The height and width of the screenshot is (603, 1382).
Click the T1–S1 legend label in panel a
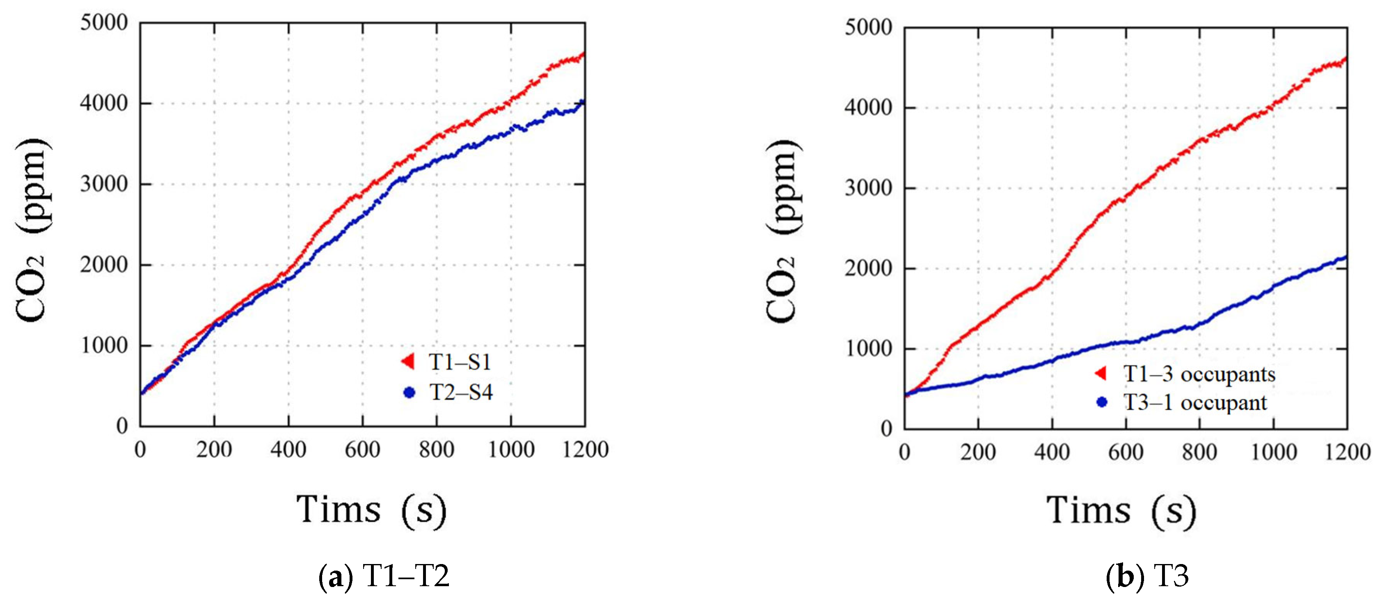[460, 362]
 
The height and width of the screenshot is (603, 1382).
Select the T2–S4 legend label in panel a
[461, 392]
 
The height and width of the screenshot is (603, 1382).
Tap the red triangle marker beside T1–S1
[408, 361]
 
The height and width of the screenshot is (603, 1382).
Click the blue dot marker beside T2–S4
[410, 393]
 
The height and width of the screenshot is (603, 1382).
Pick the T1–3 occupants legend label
[1199, 374]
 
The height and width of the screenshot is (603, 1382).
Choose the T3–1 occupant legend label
[1195, 402]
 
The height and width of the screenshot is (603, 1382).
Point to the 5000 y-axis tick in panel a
[105, 23]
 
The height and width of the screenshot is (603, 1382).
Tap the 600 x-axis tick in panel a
[363, 450]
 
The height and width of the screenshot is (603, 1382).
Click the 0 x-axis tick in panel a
[140, 450]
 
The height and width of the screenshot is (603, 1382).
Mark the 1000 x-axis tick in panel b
[1274, 452]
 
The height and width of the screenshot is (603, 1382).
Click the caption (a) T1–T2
[384, 577]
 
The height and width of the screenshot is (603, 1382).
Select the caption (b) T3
[1148, 577]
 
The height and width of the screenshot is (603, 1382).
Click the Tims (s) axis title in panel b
[1121, 511]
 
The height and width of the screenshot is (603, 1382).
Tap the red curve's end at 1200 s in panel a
[583, 54]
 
